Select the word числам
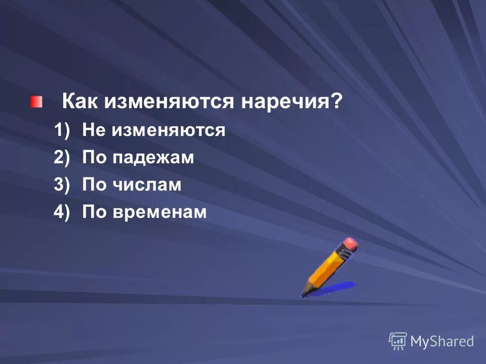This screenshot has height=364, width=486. tap(146, 186)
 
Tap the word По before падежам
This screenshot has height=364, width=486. tap(94, 158)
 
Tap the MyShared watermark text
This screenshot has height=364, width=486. tap(441, 341)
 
